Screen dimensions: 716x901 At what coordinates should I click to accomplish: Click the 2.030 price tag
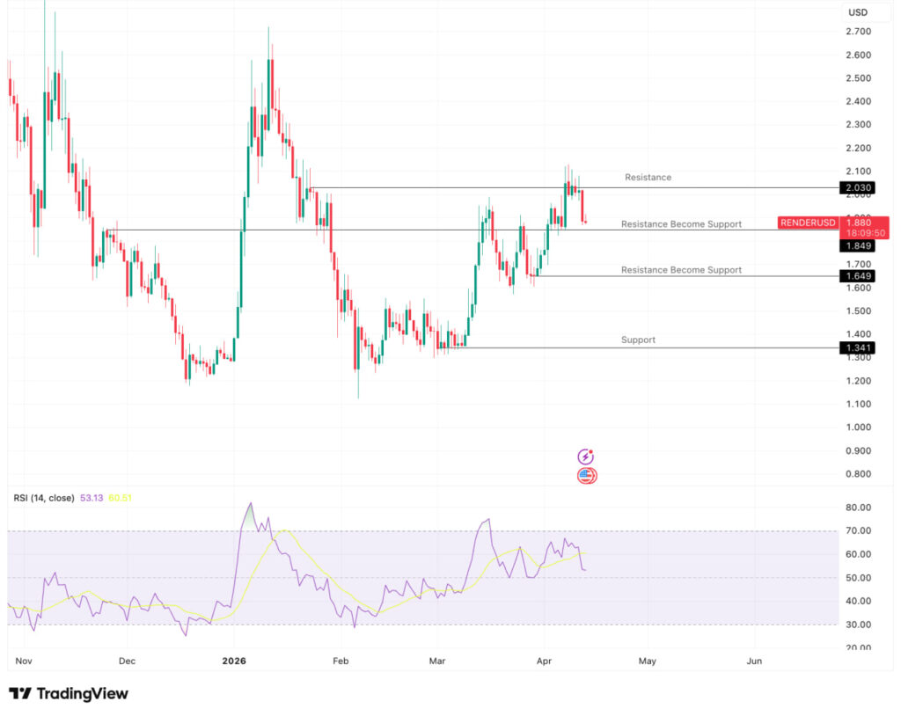856,188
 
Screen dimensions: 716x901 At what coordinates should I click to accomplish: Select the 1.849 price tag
856,246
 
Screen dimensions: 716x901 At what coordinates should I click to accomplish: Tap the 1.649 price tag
856,276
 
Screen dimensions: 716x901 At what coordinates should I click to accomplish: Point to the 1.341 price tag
856,348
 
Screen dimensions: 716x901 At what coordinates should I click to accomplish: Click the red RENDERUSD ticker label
808,223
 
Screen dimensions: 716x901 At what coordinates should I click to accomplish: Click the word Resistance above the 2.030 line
648,178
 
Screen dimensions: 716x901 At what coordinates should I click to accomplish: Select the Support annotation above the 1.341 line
638,340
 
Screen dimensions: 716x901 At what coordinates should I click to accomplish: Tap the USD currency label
856,12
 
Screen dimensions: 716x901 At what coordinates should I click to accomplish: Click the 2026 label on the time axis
233,661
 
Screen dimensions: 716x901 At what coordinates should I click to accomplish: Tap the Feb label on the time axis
341,661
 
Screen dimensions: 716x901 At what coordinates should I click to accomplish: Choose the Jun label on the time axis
754,661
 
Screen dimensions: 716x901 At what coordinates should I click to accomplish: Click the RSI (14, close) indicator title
43,498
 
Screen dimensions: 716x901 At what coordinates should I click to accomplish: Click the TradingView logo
69,694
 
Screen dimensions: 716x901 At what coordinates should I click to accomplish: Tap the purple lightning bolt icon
586,457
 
